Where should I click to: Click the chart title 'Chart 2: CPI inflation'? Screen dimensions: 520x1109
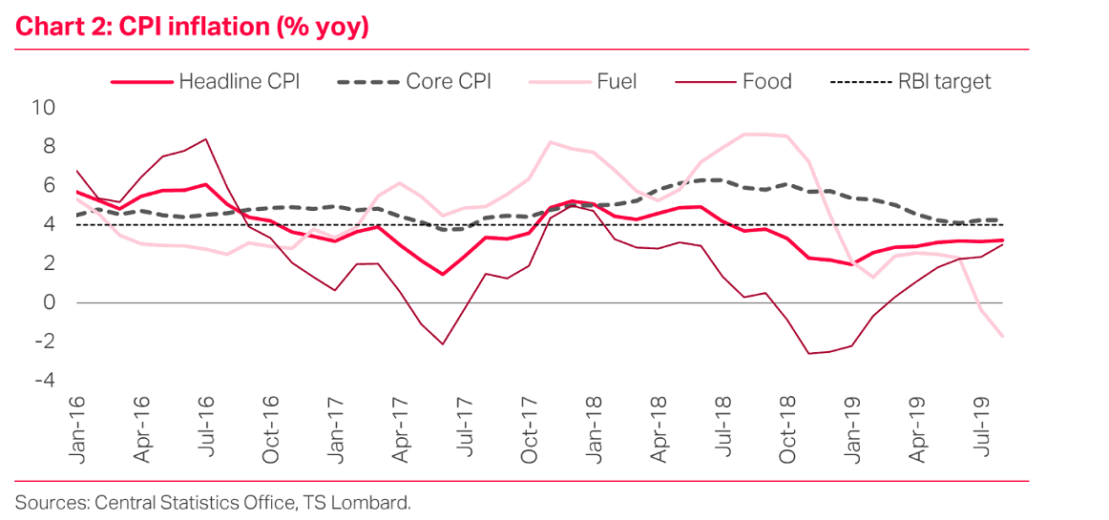(x=192, y=27)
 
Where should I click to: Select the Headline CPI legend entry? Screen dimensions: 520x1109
(x=205, y=81)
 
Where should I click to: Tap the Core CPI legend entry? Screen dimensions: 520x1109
(x=414, y=81)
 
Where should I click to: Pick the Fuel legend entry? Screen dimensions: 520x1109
(x=582, y=81)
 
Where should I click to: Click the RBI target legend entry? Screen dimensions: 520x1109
(x=911, y=81)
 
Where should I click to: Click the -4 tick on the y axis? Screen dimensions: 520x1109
(x=44, y=381)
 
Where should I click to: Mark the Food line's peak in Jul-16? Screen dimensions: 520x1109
(x=207, y=139)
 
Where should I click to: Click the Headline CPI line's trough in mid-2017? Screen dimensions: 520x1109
(x=443, y=275)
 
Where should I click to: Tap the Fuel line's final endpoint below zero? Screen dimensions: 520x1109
(x=1003, y=336)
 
